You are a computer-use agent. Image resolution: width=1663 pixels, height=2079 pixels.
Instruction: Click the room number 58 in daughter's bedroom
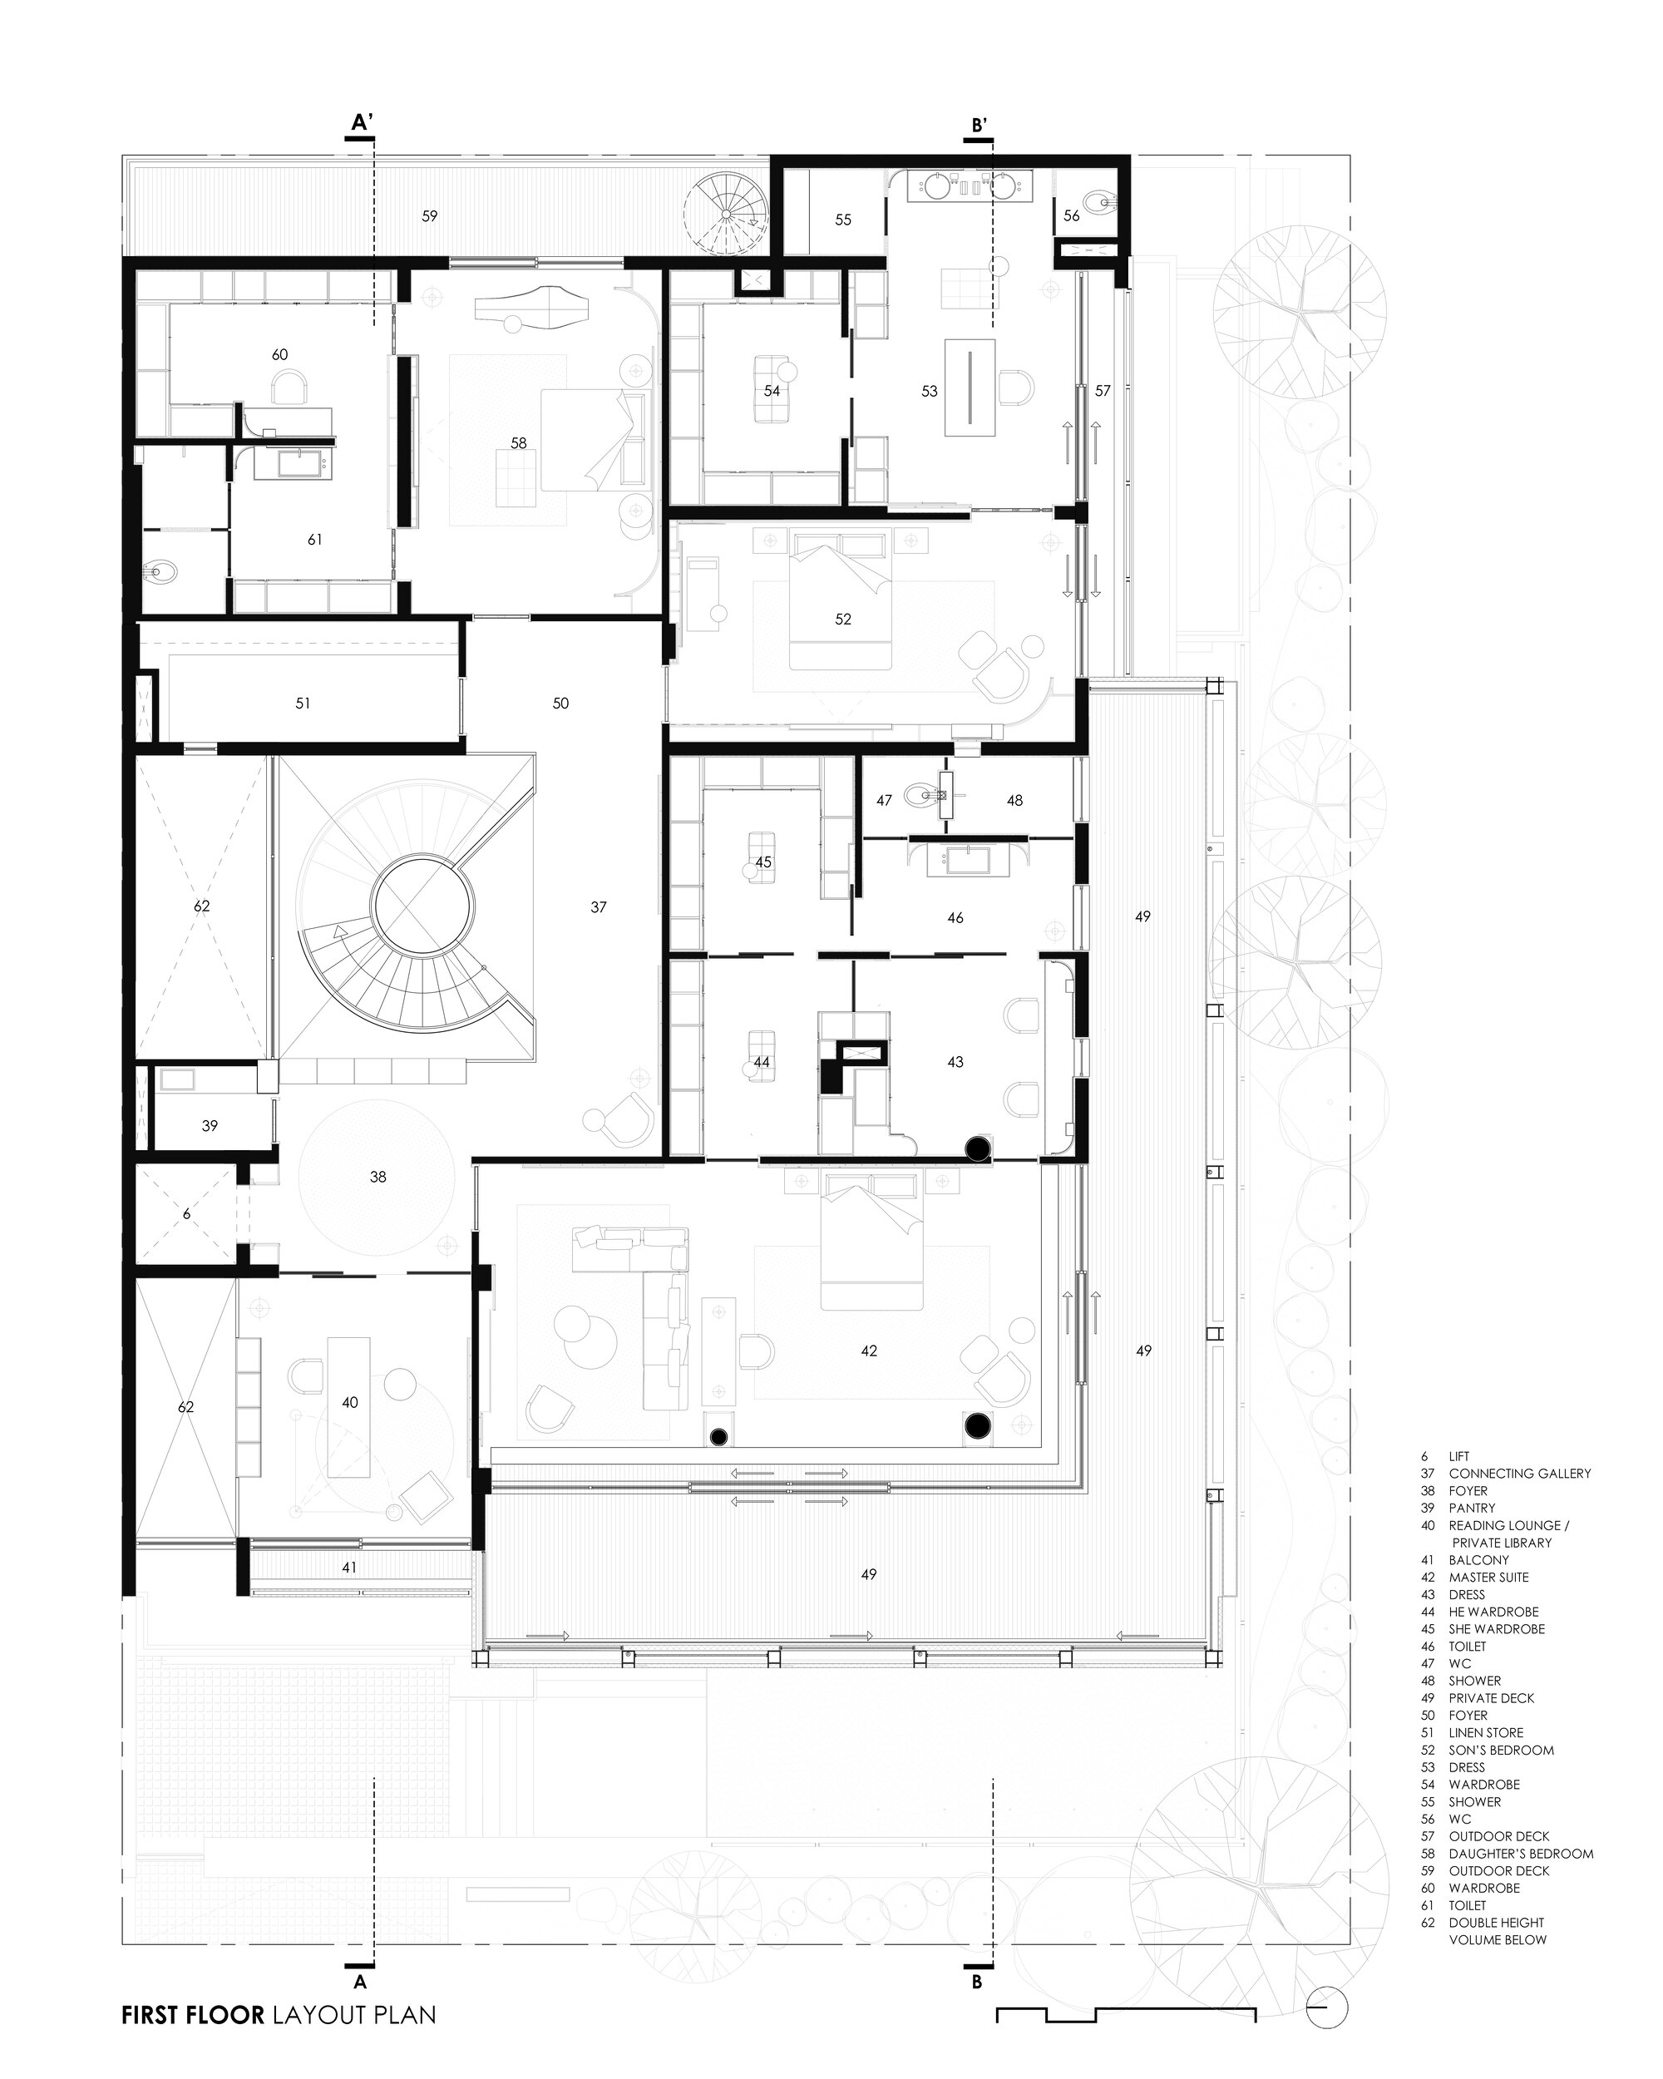click(x=519, y=443)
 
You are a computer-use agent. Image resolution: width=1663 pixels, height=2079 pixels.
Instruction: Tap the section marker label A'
click(x=362, y=122)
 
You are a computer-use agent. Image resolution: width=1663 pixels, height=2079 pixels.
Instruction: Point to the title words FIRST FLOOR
click(x=193, y=2015)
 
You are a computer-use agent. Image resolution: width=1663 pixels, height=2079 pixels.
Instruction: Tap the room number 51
click(x=303, y=704)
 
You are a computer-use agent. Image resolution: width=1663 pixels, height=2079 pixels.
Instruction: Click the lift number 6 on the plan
click(x=187, y=1215)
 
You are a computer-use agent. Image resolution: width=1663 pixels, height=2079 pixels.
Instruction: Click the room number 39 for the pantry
click(x=210, y=1125)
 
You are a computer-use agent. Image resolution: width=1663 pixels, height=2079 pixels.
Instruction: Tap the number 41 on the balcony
click(x=349, y=1568)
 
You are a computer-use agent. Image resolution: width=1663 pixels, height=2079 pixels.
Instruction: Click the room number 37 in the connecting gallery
click(x=599, y=907)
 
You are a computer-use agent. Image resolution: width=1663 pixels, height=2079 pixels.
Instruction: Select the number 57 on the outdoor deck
click(x=1103, y=391)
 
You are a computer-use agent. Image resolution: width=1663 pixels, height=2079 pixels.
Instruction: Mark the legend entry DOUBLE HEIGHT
click(x=1496, y=1923)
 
